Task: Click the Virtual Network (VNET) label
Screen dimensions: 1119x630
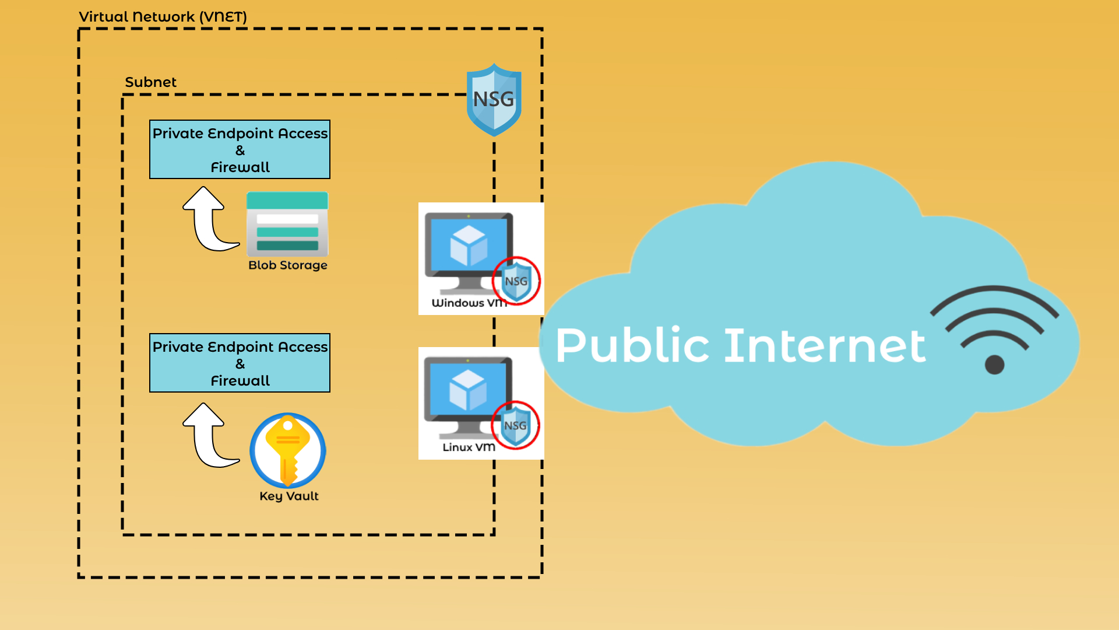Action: [x=163, y=17]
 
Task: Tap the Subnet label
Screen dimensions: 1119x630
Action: [x=150, y=82]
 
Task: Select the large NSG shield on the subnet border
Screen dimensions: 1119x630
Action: [x=494, y=100]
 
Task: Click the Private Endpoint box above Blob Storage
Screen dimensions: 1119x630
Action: [x=240, y=149]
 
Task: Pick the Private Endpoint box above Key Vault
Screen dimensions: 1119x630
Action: [x=240, y=363]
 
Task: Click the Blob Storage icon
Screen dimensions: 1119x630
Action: [x=287, y=224]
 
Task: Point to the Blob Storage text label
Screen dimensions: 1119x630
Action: [x=288, y=265]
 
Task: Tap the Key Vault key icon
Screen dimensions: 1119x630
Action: [x=288, y=450]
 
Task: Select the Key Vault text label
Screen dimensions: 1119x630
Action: [x=289, y=496]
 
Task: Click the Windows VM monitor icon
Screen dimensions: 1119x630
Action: [x=469, y=252]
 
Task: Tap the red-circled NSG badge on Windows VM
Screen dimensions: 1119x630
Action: [x=516, y=281]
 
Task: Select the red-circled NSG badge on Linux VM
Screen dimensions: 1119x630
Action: [x=516, y=425]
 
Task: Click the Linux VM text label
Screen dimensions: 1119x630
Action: [x=469, y=447]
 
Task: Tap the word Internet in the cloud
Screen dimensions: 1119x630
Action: [x=825, y=345]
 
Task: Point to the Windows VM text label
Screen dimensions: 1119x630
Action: [x=469, y=303]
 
